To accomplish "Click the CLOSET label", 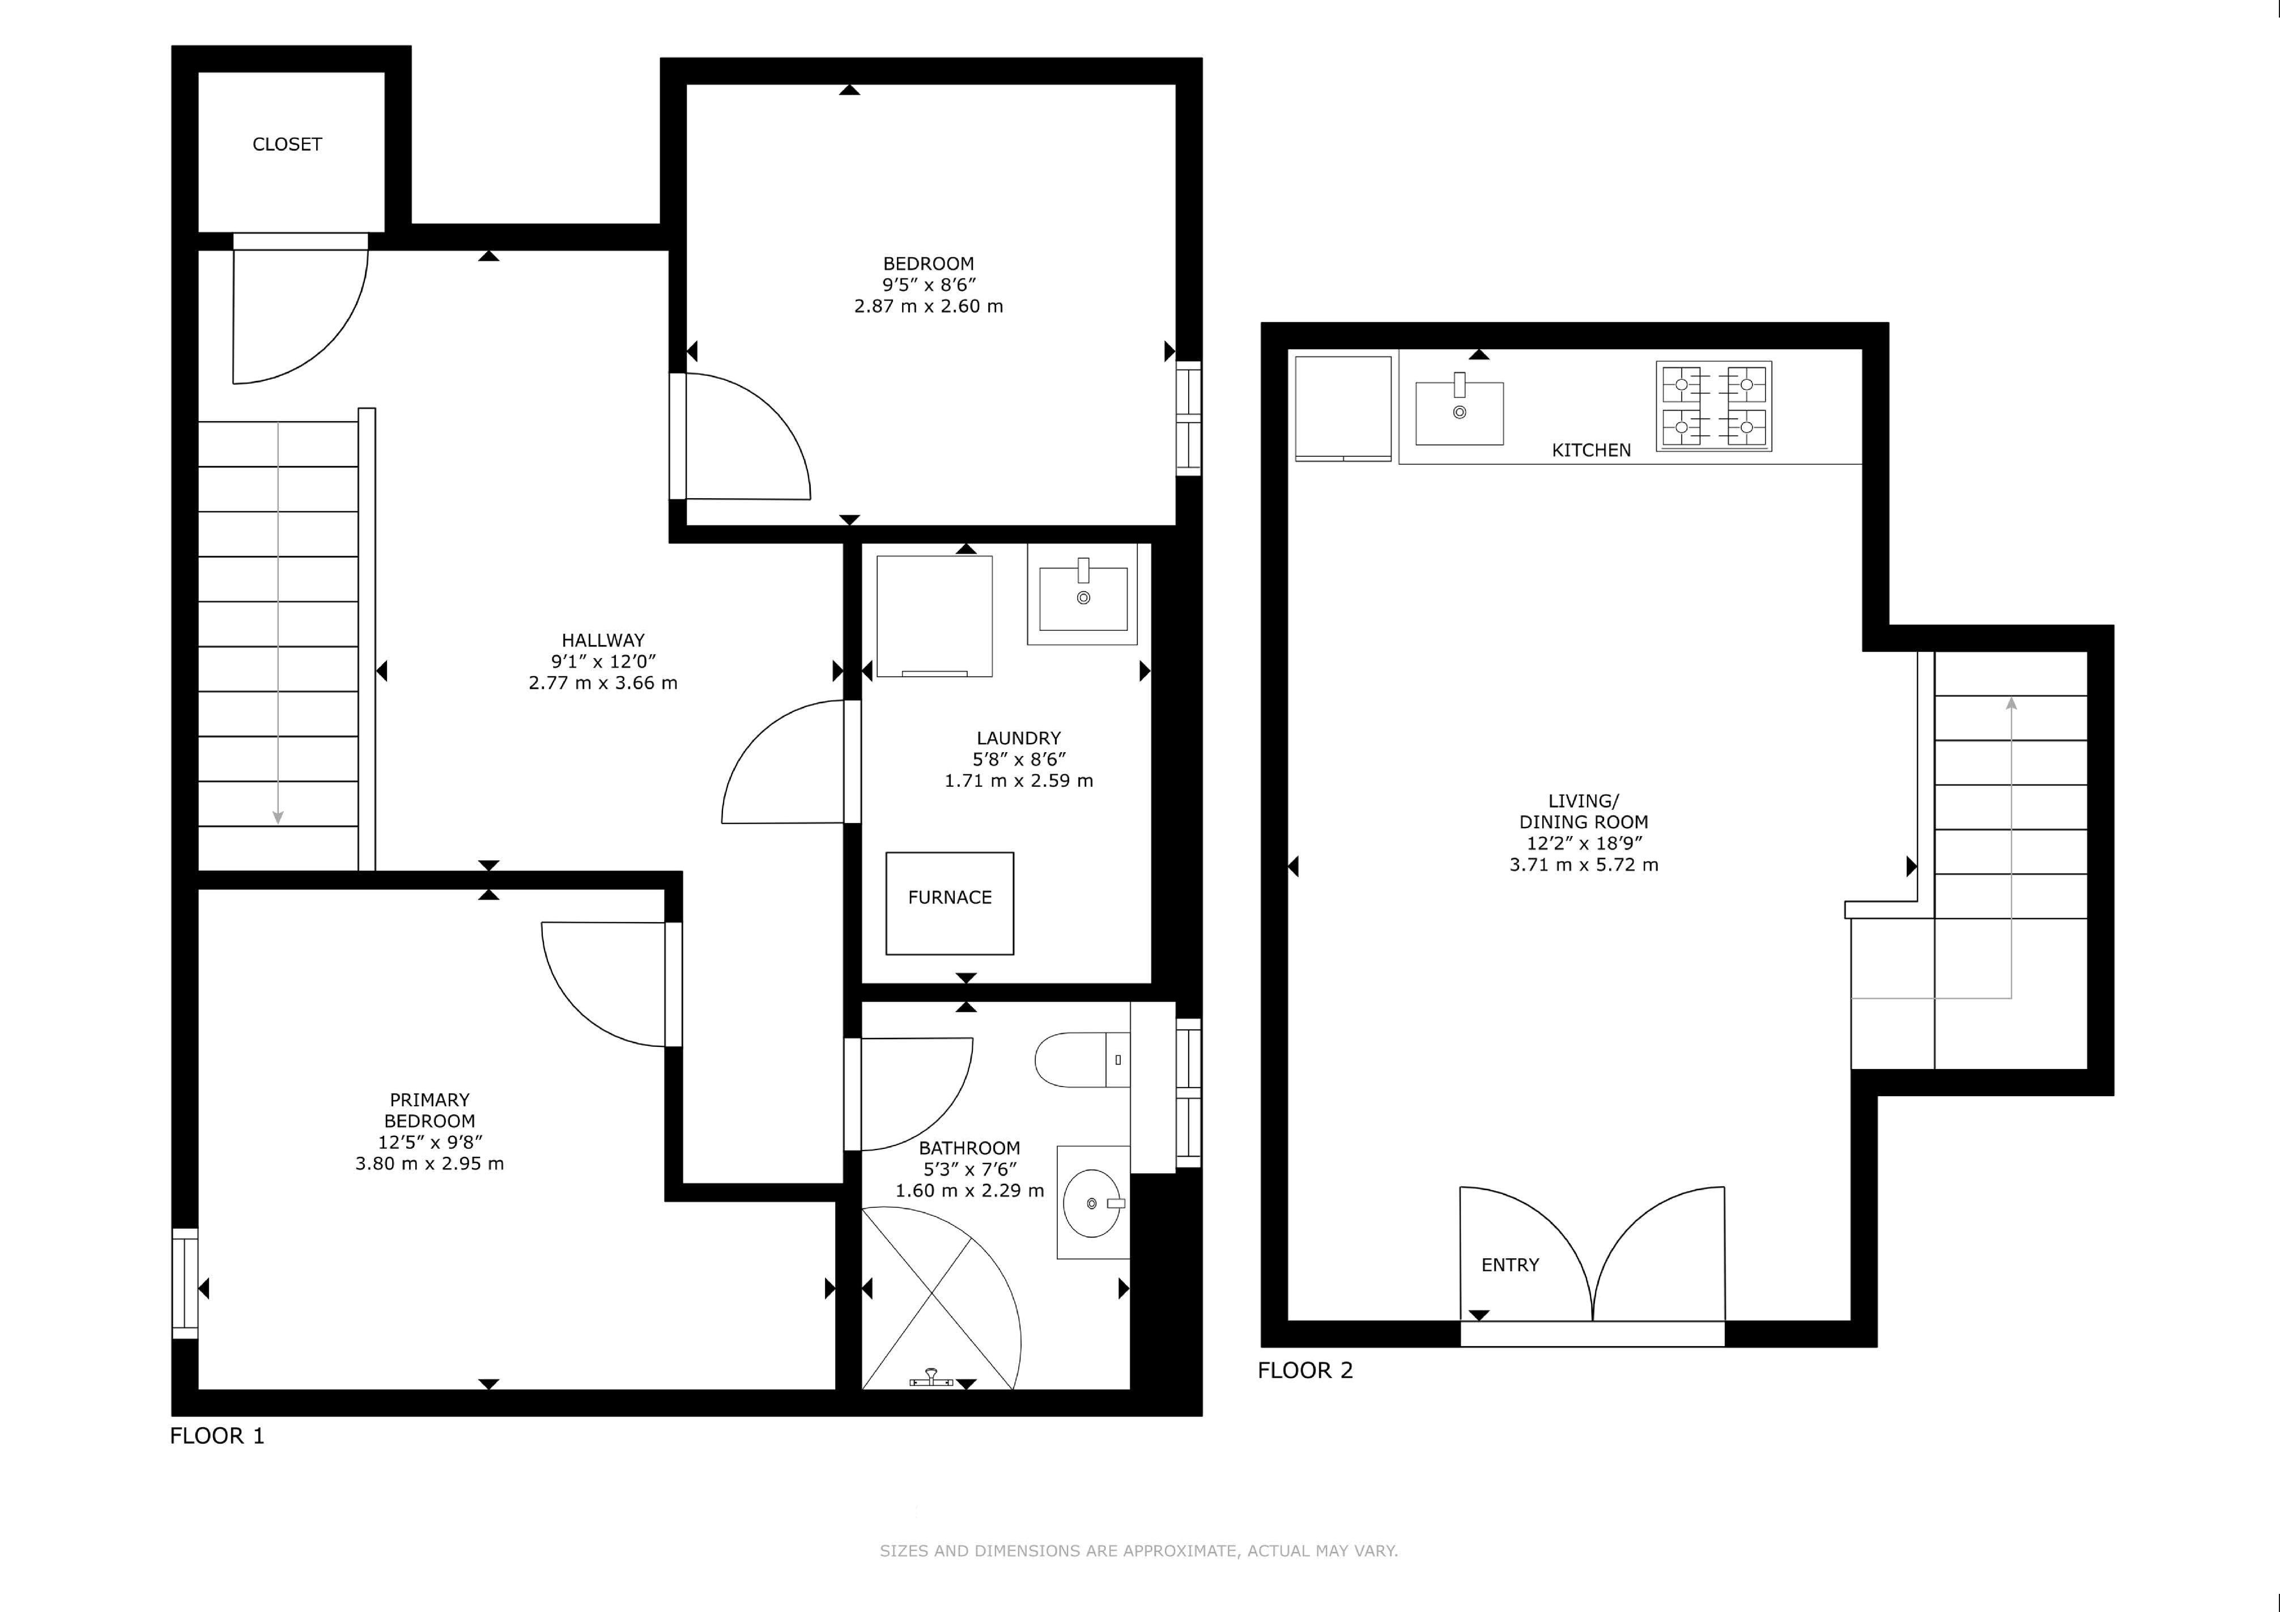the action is [287, 144].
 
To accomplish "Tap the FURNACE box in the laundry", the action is [949, 903].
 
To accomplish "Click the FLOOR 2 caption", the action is [1305, 1371].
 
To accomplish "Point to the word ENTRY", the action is [1509, 1265].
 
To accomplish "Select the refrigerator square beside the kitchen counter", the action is [1343, 408].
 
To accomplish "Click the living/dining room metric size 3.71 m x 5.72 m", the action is [1584, 864].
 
